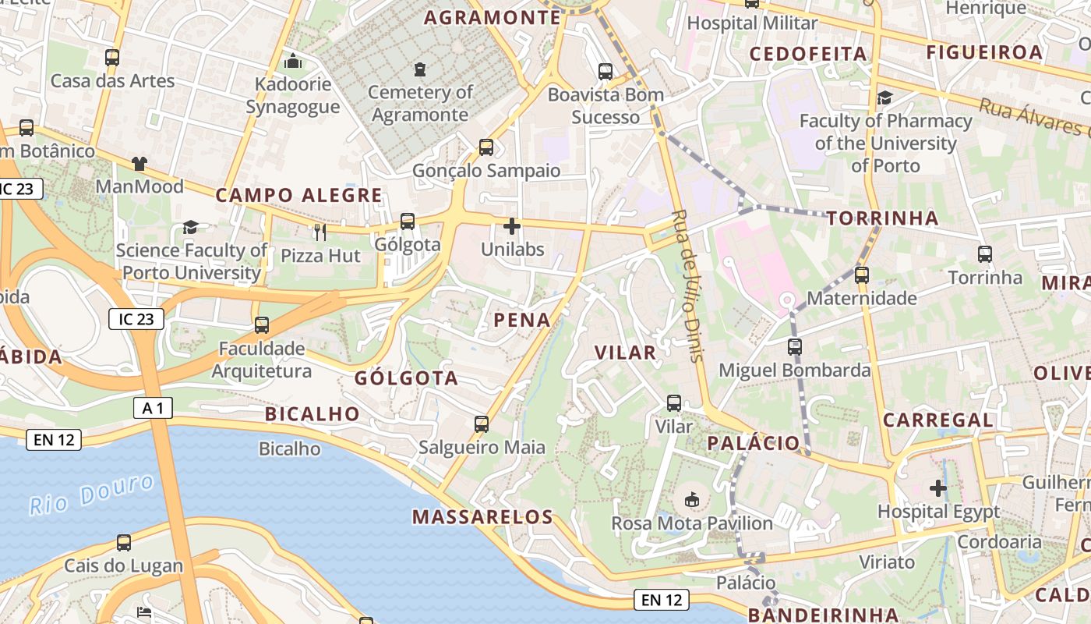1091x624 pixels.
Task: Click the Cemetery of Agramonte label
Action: pos(420,103)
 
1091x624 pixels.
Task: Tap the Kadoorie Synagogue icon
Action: pos(293,60)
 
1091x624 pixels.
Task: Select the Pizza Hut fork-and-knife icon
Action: pos(320,232)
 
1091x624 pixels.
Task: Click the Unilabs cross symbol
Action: pos(512,226)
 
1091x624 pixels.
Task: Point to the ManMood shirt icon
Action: pos(139,163)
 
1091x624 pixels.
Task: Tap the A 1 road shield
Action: pos(153,407)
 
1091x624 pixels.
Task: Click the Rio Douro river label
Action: pos(92,494)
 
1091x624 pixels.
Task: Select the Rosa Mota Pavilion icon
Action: pos(691,499)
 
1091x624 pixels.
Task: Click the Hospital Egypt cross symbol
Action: pos(938,489)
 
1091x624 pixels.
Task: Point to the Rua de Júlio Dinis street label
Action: pos(687,285)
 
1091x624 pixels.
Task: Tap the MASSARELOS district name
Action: pos(482,516)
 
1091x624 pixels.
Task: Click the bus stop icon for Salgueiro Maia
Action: pos(482,424)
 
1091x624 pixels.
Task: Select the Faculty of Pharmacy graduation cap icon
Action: pos(884,98)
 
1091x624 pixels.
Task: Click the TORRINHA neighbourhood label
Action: pos(882,218)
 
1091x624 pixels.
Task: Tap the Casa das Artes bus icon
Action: pos(112,57)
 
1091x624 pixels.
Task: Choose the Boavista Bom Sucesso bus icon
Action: pos(606,72)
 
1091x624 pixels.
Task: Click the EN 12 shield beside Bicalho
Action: pos(54,440)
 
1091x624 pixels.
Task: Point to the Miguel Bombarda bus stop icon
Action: pos(794,347)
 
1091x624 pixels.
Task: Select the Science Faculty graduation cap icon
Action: pos(190,227)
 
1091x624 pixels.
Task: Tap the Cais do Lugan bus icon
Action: pos(123,543)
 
